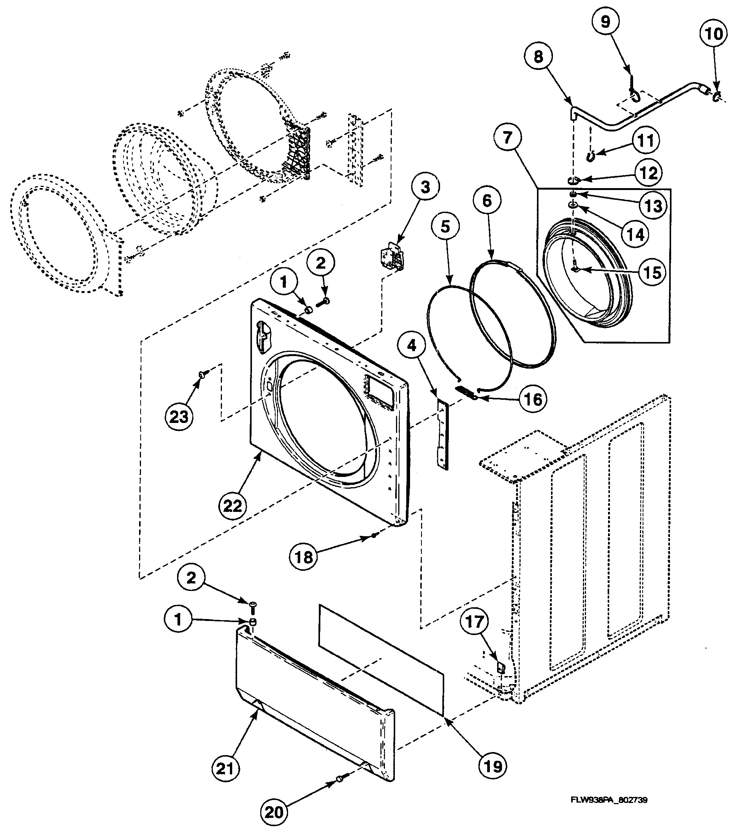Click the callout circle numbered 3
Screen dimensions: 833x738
click(x=425, y=188)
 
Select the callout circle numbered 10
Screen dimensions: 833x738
click(x=713, y=34)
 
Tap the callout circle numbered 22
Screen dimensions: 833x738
click(x=233, y=506)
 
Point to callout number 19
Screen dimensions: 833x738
click(x=493, y=766)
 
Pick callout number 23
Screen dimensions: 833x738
click(x=179, y=416)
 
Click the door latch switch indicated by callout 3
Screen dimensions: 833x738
click(x=390, y=255)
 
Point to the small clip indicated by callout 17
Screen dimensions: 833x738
click(x=501, y=667)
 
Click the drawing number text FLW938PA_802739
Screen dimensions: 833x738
click(x=609, y=800)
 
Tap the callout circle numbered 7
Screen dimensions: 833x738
click(x=507, y=137)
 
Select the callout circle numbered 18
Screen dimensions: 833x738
click(x=304, y=557)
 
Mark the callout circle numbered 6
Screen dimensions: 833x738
click(x=488, y=201)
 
